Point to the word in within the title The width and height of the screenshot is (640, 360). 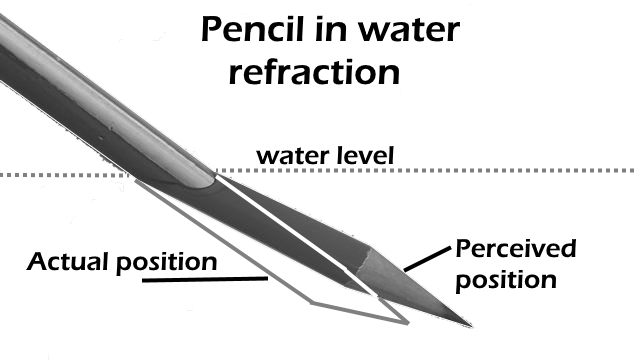(335, 30)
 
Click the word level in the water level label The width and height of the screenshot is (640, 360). (366, 156)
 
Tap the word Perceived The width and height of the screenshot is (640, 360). (515, 247)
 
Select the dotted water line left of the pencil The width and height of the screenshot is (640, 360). (60, 174)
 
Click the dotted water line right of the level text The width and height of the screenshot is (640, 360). (520, 170)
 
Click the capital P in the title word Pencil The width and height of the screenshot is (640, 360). (211, 30)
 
